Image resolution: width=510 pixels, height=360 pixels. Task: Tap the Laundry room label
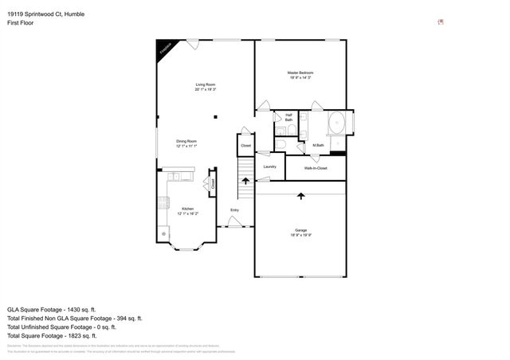click(x=270, y=166)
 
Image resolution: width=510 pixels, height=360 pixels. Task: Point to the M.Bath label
click(x=317, y=145)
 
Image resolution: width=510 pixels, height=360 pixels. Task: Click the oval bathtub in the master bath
click(x=337, y=124)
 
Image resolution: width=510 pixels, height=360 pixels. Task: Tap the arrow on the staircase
click(x=245, y=182)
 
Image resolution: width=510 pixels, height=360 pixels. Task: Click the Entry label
click(x=234, y=209)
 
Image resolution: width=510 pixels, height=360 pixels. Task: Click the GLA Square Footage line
click(x=52, y=309)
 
